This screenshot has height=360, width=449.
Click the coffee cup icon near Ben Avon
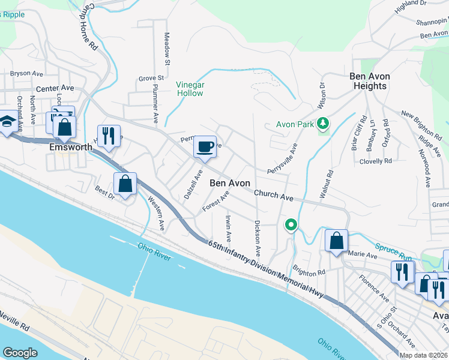(x=205, y=146)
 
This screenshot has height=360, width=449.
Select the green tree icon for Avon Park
(x=324, y=123)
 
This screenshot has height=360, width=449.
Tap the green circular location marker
(x=291, y=225)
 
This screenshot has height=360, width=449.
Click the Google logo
(x=20, y=353)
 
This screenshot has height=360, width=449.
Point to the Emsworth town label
(x=71, y=147)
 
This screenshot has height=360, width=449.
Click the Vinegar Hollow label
(x=190, y=89)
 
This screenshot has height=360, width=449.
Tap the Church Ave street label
(x=273, y=195)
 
